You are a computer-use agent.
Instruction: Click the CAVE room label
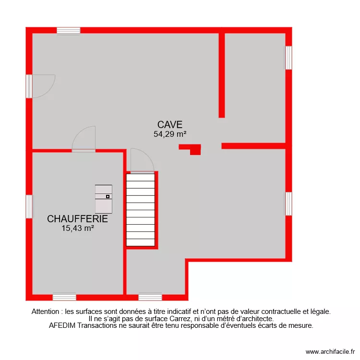click(170, 125)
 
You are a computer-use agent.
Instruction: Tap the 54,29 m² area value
click(170, 134)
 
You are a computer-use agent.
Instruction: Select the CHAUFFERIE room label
click(77, 219)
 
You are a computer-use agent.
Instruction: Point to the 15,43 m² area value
click(77, 228)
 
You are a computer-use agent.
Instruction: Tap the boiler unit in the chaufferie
click(104, 198)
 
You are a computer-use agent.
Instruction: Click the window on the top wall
click(69, 31)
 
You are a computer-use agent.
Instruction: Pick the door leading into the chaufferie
click(84, 139)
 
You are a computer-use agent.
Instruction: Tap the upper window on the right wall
click(288, 58)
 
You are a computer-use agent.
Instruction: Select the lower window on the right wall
click(288, 204)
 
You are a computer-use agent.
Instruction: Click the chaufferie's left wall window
click(29, 206)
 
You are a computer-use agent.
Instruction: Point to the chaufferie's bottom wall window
click(64, 297)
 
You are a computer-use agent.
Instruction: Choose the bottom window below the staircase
click(150, 297)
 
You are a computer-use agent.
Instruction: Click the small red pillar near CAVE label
click(192, 149)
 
